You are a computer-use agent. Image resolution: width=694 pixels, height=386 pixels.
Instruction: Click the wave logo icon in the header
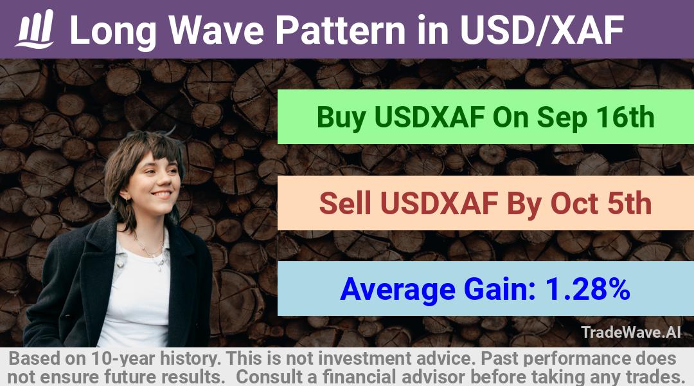pyautogui.click(x=35, y=29)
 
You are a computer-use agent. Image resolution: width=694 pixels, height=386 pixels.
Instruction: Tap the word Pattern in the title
pyautogui.click(x=340, y=30)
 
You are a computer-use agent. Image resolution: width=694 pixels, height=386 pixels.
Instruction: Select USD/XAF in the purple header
pyautogui.click(x=542, y=30)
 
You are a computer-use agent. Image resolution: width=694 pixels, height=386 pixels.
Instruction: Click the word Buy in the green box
pyautogui.click(x=341, y=118)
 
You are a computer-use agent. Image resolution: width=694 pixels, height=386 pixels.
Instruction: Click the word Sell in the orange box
pyautogui.click(x=345, y=203)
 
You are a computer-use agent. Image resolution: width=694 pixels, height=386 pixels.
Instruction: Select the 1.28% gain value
pyautogui.click(x=587, y=289)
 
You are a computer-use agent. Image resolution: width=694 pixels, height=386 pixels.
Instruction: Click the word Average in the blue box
pyautogui.click(x=398, y=289)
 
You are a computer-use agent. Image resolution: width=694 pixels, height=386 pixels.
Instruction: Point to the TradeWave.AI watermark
pyautogui.click(x=631, y=332)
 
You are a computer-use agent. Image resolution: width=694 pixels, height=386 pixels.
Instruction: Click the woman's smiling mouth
pyautogui.click(x=161, y=194)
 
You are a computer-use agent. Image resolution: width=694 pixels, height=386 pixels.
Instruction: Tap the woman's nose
pyautogui.click(x=168, y=181)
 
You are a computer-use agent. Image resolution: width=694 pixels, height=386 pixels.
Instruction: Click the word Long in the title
pyautogui.click(x=113, y=31)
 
